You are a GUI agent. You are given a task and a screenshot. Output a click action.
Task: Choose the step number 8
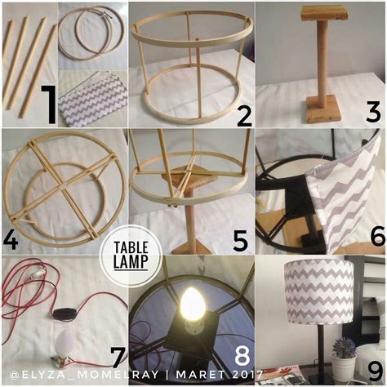tap(242, 356)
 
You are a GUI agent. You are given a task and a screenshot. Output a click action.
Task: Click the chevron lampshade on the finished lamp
tap(319, 291)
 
